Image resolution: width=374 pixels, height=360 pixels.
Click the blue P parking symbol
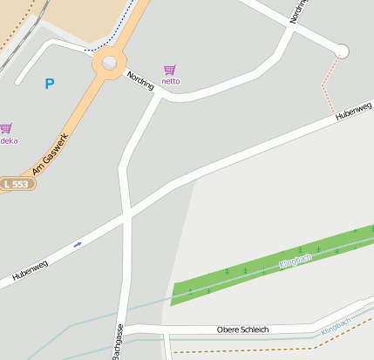50,84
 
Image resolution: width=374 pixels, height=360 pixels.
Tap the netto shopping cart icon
169,70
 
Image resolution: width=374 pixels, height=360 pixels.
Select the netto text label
170,81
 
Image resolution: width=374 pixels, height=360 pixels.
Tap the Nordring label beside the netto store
140,80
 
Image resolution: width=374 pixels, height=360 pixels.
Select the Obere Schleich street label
242,329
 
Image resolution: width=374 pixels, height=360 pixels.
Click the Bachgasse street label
116,343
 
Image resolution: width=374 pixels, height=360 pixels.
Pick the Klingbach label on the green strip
295,260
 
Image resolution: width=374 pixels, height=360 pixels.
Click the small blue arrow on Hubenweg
78,244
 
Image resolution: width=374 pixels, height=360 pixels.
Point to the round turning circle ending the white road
342,51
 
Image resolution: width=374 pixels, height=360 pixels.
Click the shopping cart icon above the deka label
6,128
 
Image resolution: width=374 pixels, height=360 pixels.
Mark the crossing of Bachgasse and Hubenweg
127,213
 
